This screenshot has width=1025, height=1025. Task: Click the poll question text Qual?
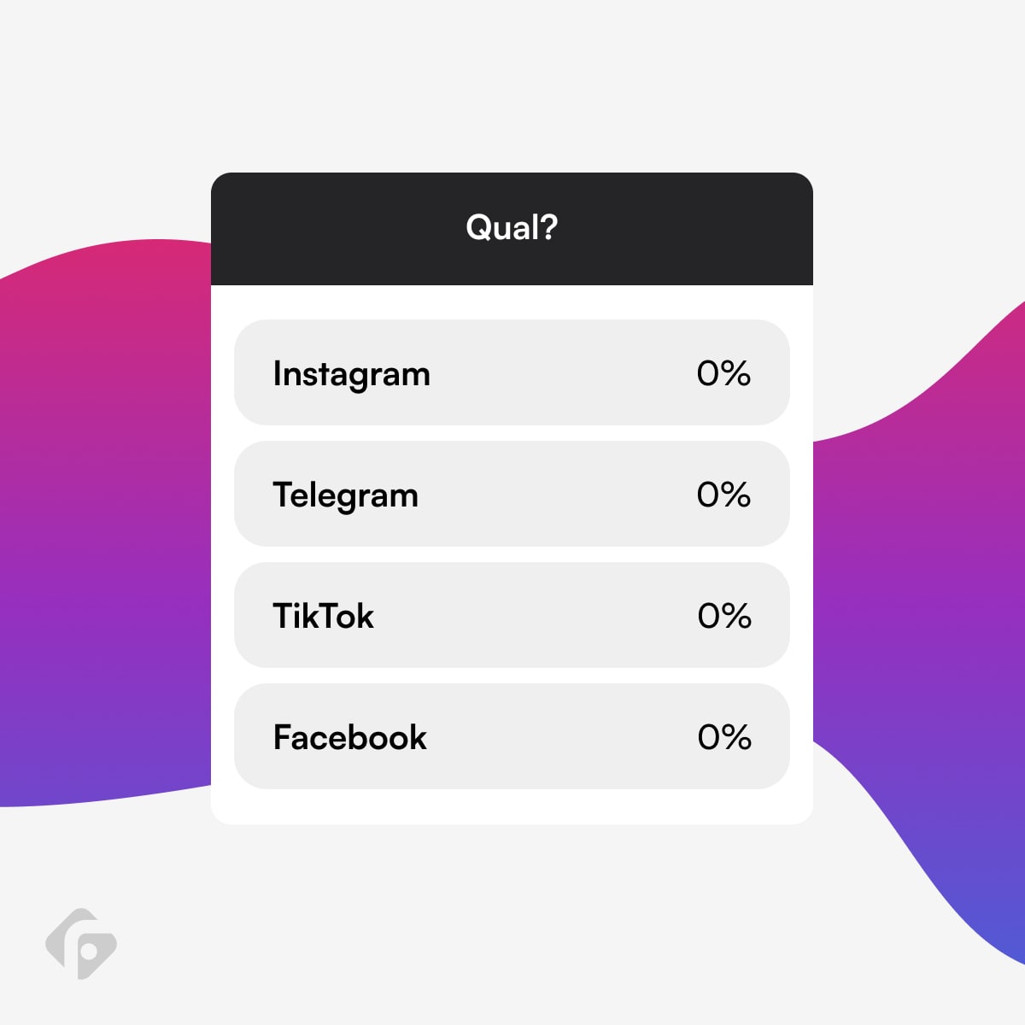[512, 228]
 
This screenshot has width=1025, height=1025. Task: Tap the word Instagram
[352, 375]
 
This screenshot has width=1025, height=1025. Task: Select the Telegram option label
[346, 496]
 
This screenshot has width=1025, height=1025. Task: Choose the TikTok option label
[324, 616]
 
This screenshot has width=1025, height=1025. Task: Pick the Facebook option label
[350, 737]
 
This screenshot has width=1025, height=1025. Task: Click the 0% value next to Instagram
[724, 373]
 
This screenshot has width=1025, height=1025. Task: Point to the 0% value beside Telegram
[724, 495]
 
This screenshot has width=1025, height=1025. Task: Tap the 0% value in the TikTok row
[724, 616]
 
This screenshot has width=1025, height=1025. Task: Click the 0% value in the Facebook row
[724, 737]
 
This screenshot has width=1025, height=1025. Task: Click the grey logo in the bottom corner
[81, 945]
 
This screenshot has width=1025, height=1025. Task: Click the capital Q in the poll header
[477, 228]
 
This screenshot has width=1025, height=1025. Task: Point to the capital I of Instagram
[277, 373]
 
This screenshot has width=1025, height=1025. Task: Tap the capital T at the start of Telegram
[283, 495]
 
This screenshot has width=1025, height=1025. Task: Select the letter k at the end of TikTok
[365, 616]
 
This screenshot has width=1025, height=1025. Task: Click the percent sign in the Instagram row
[736, 373]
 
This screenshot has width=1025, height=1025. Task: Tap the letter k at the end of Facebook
[418, 737]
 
